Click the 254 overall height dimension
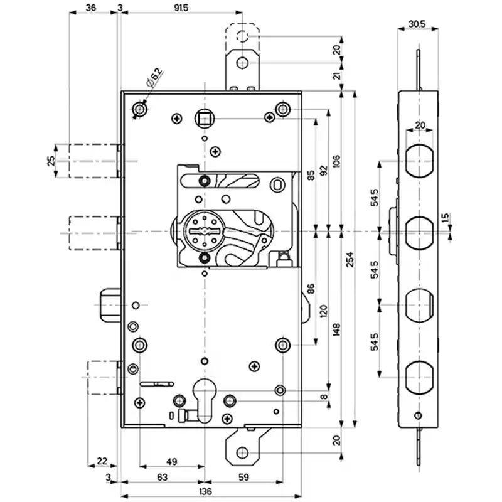350,259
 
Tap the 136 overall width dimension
205,491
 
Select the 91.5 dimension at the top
181,8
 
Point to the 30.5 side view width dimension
417,24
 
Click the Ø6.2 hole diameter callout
154,77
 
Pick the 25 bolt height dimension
51,161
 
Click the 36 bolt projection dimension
91,8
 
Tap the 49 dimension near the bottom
172,462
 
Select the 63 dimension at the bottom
163,477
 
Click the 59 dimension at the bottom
243,477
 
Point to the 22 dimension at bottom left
102,461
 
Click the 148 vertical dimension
336,329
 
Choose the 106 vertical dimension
336,161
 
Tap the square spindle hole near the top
203,119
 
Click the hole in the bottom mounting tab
242,452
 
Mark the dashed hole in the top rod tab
242,36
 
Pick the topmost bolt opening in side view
419,161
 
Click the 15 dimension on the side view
445,218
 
